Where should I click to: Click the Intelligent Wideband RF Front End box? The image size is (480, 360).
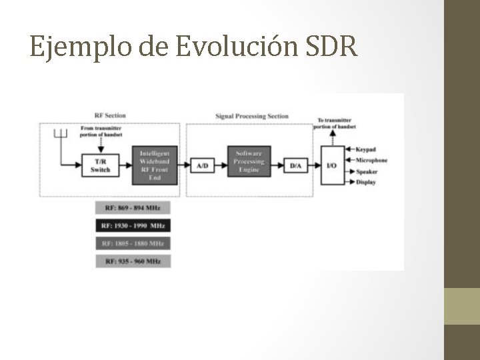coord(155,164)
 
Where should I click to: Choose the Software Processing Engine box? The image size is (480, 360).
coord(249,161)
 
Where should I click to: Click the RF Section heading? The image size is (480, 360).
coord(110,115)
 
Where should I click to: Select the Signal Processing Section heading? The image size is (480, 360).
coord(252,116)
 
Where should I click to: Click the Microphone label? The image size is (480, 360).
coord(371,160)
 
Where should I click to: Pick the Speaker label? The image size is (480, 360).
coord(367,171)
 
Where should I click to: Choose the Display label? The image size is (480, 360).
coord(366,181)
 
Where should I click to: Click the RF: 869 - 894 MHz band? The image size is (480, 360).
coord(133,208)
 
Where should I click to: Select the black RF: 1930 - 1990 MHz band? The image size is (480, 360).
coord(133,225)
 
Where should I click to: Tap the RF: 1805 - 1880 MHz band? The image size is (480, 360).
coord(133,243)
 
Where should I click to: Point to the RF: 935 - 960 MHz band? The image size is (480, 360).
coord(133,261)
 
